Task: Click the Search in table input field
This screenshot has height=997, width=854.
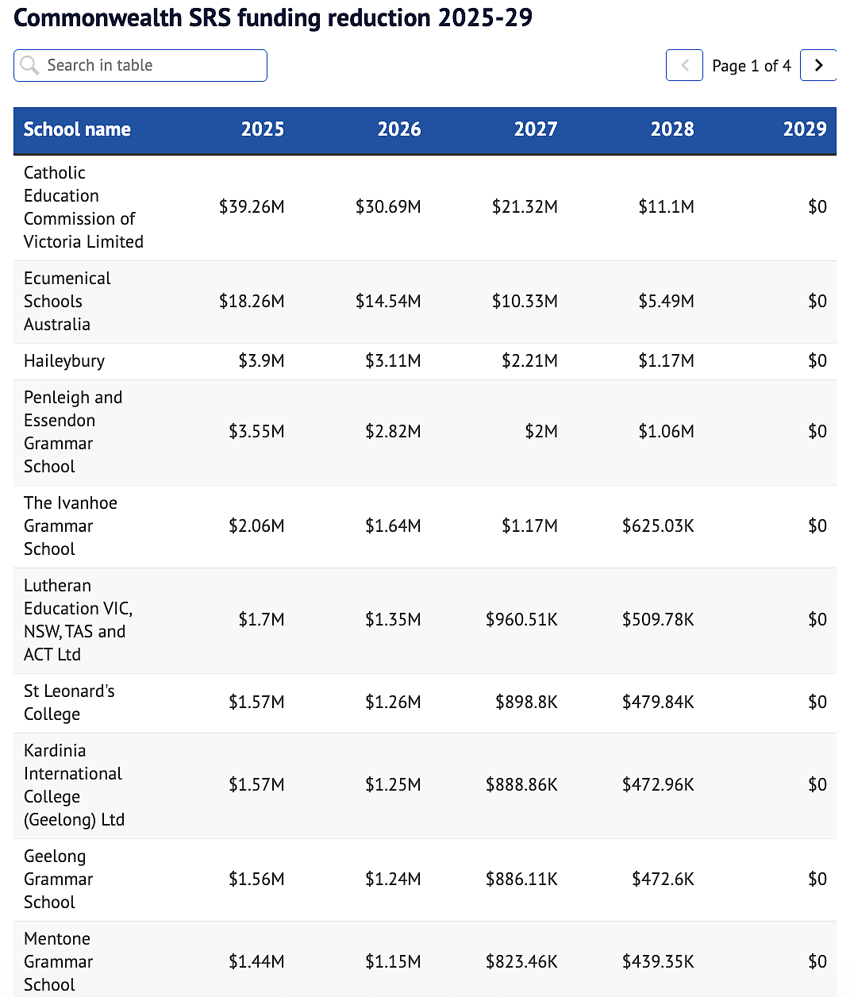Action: [x=140, y=66]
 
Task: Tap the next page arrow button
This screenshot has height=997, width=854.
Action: [x=817, y=65]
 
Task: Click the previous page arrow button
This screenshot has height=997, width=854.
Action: [x=684, y=65]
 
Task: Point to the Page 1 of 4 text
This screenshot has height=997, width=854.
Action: [x=752, y=66]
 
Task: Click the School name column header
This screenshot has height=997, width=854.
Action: [x=77, y=129]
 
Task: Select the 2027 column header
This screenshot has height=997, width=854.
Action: [x=536, y=129]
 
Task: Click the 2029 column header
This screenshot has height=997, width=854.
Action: [x=805, y=129]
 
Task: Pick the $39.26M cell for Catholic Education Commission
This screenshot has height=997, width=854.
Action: [x=252, y=207]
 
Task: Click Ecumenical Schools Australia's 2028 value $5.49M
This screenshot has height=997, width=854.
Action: [x=667, y=302]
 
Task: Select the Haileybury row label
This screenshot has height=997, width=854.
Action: [x=64, y=361]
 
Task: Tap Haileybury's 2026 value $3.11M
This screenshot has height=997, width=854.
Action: [x=393, y=361]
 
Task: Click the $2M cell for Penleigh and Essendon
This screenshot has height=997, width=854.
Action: [x=541, y=432]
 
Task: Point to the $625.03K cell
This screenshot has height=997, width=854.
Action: [x=658, y=525]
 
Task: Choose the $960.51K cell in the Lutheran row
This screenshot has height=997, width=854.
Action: [x=521, y=620]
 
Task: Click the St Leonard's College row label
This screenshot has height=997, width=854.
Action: [x=69, y=703]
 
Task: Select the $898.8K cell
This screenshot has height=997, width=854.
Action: [x=526, y=703]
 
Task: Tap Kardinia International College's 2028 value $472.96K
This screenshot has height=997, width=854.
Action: [x=658, y=785]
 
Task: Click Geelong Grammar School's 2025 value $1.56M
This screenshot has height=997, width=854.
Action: [x=256, y=880]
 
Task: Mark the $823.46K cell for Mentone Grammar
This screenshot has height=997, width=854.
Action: [x=521, y=962]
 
